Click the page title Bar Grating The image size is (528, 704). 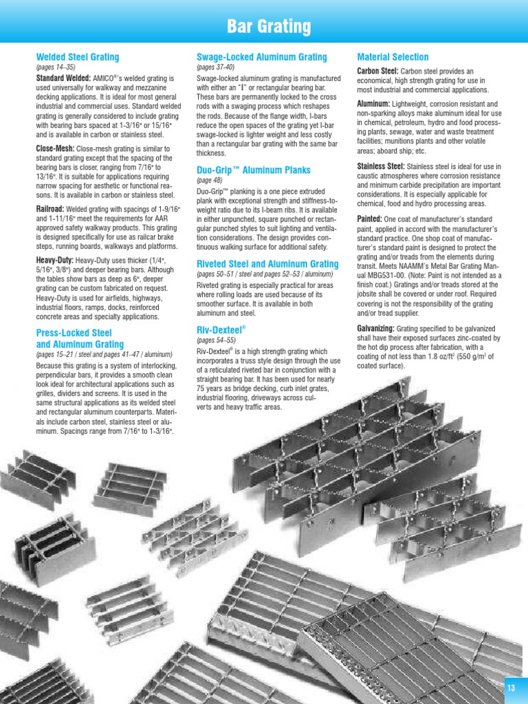click(x=269, y=27)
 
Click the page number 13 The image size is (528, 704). click(x=511, y=689)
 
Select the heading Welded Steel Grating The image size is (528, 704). click(x=77, y=57)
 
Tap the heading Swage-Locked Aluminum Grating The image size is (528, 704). click(x=261, y=57)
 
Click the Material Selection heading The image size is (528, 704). click(x=393, y=57)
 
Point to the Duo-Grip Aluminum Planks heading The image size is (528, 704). click(x=253, y=170)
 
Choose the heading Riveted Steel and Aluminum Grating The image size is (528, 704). click(x=267, y=264)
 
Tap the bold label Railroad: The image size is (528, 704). click(x=50, y=208)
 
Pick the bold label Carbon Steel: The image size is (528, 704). click(x=377, y=71)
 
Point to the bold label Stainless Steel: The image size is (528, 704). click(x=381, y=166)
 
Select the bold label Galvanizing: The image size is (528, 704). click(x=375, y=329)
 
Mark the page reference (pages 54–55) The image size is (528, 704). click(x=216, y=340)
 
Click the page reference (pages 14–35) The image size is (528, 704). click(x=55, y=68)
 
